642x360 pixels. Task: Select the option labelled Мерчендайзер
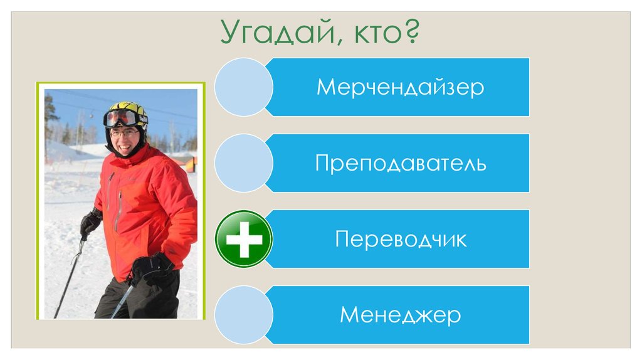click(x=400, y=87)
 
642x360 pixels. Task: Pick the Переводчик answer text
click(x=400, y=239)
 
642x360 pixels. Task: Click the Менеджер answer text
click(x=400, y=315)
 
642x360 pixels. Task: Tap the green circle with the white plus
click(x=243, y=239)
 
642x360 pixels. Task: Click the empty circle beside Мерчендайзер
click(x=243, y=87)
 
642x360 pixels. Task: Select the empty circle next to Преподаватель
click(x=243, y=163)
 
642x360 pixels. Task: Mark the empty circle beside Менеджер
click(x=243, y=315)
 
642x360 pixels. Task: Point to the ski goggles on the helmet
click(x=120, y=119)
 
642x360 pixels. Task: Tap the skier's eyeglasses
click(x=124, y=133)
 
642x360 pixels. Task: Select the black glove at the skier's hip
click(x=151, y=268)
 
